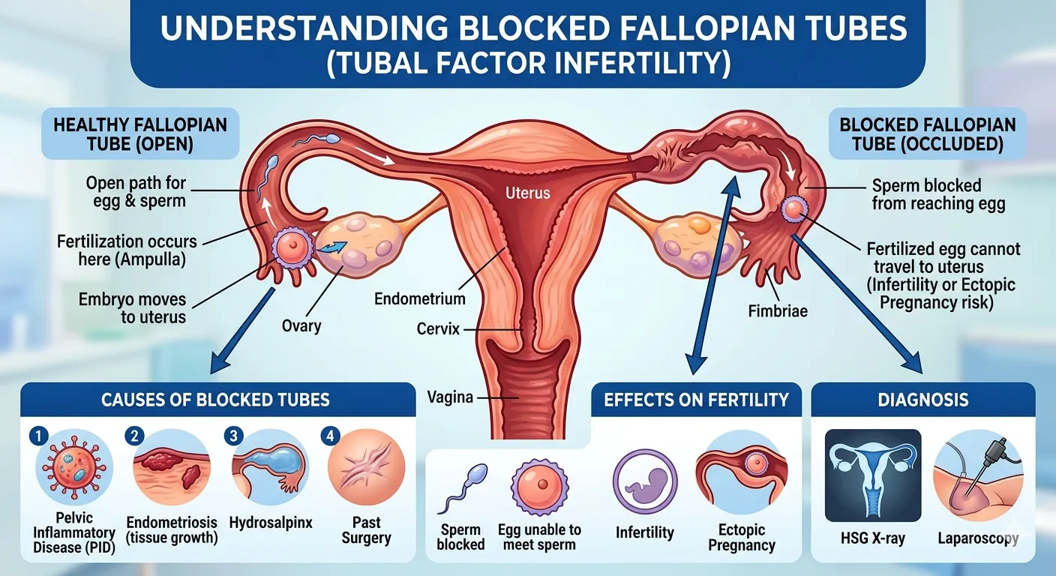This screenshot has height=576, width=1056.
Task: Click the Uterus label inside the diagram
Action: (x=527, y=193)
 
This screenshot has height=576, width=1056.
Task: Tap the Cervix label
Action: (x=438, y=328)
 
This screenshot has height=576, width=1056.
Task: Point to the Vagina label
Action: (x=450, y=397)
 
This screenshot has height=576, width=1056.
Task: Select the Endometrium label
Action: (x=419, y=298)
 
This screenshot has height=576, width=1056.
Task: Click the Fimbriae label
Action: (x=778, y=311)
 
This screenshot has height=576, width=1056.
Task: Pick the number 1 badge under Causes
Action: (x=38, y=436)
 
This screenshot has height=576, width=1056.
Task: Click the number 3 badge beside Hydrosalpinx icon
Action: (x=233, y=436)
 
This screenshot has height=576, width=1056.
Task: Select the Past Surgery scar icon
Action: (x=366, y=467)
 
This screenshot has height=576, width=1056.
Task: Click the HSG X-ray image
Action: (x=873, y=475)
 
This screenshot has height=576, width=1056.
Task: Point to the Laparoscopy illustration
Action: (x=978, y=475)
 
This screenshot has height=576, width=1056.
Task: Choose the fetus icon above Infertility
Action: (x=645, y=481)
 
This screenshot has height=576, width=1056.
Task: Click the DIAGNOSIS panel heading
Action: (x=923, y=400)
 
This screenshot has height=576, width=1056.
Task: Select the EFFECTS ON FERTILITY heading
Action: (x=696, y=400)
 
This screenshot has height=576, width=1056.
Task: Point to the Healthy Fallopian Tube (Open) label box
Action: (x=140, y=133)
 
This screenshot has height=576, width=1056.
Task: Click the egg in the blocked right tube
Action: (x=794, y=209)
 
